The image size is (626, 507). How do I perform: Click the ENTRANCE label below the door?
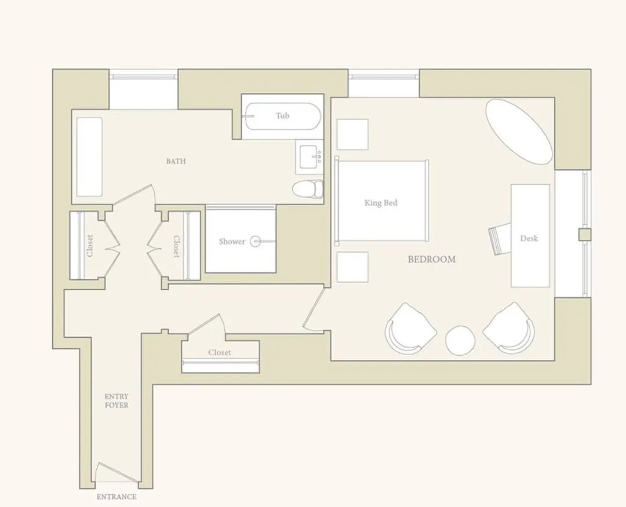pyautogui.click(x=117, y=497)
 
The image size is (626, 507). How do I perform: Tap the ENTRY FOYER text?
pyautogui.click(x=117, y=401)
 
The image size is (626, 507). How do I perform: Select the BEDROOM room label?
pyautogui.click(x=432, y=260)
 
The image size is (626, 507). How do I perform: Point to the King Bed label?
pyautogui.click(x=381, y=203)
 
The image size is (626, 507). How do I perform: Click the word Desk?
pyautogui.click(x=529, y=238)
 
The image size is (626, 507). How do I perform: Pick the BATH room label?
pyautogui.click(x=176, y=161)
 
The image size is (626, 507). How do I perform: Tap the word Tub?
pyautogui.click(x=283, y=116)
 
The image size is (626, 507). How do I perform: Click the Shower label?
pyautogui.click(x=232, y=242)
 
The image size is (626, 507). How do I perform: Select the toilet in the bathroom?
pyautogui.click(x=308, y=188)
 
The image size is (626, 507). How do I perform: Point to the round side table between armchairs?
pyautogui.click(x=460, y=341)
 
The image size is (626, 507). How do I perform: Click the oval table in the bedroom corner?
pyautogui.click(x=519, y=132)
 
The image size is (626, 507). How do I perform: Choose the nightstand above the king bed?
pyautogui.click(x=352, y=134)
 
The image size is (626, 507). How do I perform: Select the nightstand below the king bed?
pyautogui.click(x=352, y=267)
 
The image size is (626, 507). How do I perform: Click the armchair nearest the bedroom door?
pyautogui.click(x=410, y=329)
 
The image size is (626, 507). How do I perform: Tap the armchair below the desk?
pyautogui.click(x=509, y=328)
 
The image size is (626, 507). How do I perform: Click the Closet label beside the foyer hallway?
pyautogui.click(x=220, y=352)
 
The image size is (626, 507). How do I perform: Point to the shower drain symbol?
pyautogui.click(x=256, y=241)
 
